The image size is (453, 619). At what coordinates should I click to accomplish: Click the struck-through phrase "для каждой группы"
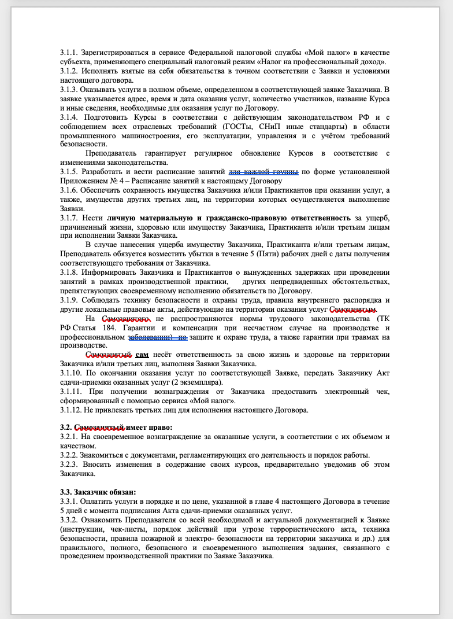(264, 172)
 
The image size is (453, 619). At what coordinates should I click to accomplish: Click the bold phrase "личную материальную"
(153, 217)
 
